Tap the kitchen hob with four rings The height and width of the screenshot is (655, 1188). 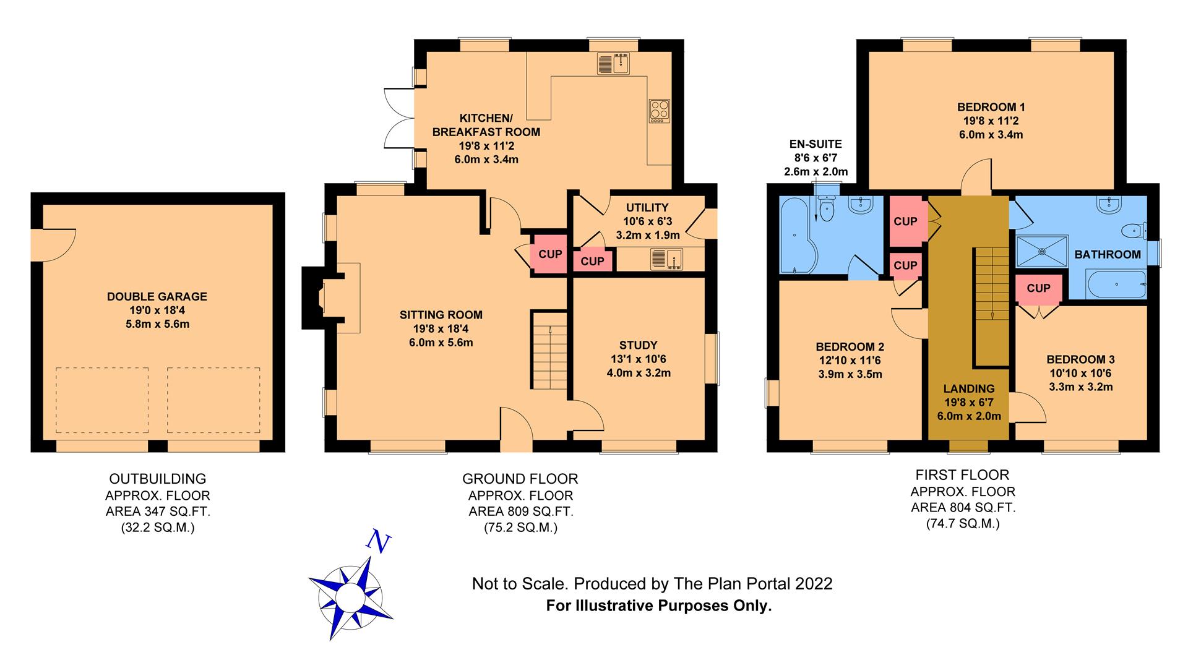click(660, 111)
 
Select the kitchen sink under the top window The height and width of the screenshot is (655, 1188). click(613, 64)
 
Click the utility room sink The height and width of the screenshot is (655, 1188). click(666, 259)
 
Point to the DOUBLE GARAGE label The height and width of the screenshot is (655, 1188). click(157, 297)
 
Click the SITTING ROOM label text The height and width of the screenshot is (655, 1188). click(441, 315)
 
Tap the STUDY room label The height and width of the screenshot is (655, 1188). click(639, 345)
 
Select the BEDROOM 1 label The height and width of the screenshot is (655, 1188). click(991, 107)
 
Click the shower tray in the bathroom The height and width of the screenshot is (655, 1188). click(1043, 251)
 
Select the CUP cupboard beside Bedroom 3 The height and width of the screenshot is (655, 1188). click(1038, 288)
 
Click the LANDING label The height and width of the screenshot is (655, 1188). click(969, 389)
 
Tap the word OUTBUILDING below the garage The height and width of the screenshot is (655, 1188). click(158, 479)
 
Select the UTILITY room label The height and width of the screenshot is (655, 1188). click(647, 208)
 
